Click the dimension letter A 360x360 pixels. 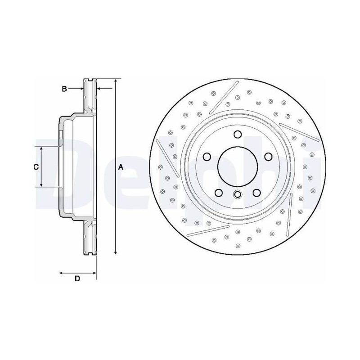[x=121, y=167]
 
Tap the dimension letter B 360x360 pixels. [x=64, y=89]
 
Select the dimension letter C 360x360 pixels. [x=36, y=167]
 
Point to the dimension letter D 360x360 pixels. [x=77, y=279]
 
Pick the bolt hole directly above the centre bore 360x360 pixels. [x=238, y=134]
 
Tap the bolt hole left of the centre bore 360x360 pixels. [x=207, y=157]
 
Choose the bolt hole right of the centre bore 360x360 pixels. [x=268, y=157]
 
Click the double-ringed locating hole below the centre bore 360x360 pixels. [x=238, y=194]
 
